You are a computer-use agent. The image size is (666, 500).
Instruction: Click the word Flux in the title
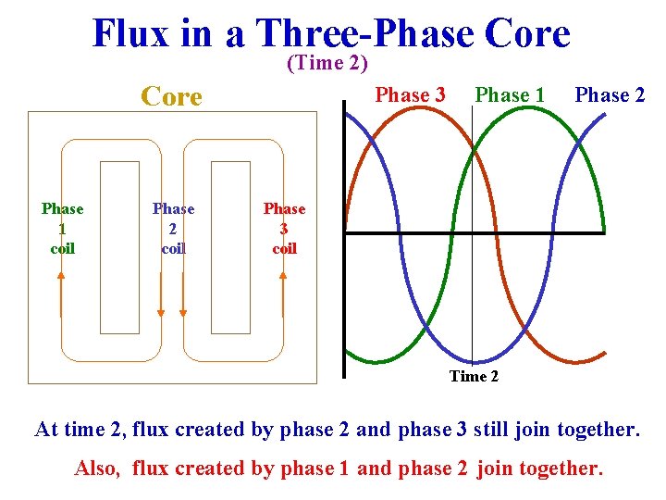(130, 34)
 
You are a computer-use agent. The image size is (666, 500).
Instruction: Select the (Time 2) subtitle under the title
(327, 63)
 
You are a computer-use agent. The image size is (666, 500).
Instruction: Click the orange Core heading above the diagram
(170, 96)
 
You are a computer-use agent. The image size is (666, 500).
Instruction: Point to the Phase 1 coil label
(62, 229)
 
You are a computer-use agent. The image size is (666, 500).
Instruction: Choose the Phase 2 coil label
(173, 229)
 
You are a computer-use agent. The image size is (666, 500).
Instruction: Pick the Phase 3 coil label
(284, 229)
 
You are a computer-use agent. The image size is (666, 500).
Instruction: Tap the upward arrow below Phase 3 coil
(283, 294)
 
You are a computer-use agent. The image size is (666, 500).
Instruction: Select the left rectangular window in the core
(119, 247)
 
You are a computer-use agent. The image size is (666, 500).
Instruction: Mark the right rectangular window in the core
(230, 247)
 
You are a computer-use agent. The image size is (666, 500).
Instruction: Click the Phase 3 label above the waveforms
(410, 95)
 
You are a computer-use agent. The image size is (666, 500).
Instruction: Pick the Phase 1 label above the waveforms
(510, 95)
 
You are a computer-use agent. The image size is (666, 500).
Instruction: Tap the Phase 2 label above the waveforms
(610, 95)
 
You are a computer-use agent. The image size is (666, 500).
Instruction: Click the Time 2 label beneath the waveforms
(474, 376)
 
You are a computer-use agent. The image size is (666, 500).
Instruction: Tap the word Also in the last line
(96, 469)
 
